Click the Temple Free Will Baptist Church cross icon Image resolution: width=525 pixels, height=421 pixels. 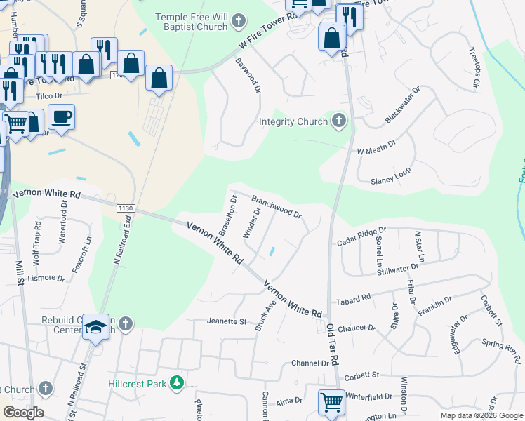[x=239, y=21]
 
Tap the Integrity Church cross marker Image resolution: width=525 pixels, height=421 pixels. [x=339, y=121]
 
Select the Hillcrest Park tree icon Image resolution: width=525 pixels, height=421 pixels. [x=178, y=383]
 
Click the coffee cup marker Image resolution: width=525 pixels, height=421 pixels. [x=61, y=116]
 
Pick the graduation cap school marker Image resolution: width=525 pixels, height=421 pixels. [x=96, y=326]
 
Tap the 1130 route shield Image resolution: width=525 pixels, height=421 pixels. [x=126, y=208]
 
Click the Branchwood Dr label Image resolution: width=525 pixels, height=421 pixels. [x=277, y=206]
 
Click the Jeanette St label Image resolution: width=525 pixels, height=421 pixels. [x=227, y=322]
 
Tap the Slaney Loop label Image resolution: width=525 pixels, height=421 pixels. [x=391, y=176]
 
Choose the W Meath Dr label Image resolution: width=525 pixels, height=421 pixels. [x=376, y=146]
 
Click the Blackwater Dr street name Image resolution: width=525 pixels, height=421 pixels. [x=401, y=106]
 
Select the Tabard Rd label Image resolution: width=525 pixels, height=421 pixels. [x=353, y=300]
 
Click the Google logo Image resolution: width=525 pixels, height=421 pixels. [x=23, y=413]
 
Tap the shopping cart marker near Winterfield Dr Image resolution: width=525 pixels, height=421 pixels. [x=332, y=402]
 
